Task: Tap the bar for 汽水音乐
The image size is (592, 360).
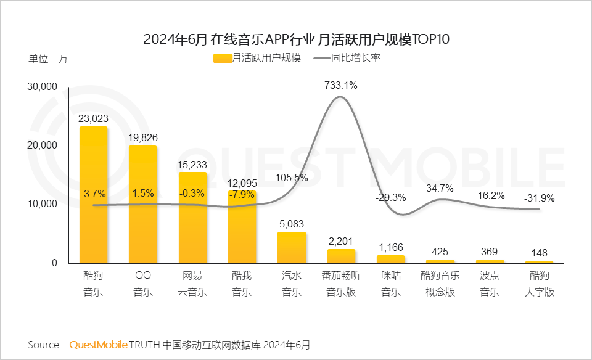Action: coord(292,247)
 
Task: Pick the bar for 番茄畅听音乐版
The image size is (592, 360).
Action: coord(341,256)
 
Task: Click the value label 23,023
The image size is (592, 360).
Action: coord(93,118)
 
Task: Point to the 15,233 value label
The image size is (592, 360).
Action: coord(192,164)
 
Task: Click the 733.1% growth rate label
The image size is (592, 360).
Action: coord(340,86)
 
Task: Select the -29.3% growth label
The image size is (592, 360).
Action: coord(390,198)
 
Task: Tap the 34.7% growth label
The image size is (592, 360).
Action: coord(440,188)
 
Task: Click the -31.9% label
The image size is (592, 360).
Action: coord(539,198)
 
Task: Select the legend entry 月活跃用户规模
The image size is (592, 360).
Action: coord(257,59)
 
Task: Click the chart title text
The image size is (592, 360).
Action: coord(296,40)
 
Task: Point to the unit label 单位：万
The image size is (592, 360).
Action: coord(48,60)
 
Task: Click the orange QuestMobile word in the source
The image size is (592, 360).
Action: coord(99,344)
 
